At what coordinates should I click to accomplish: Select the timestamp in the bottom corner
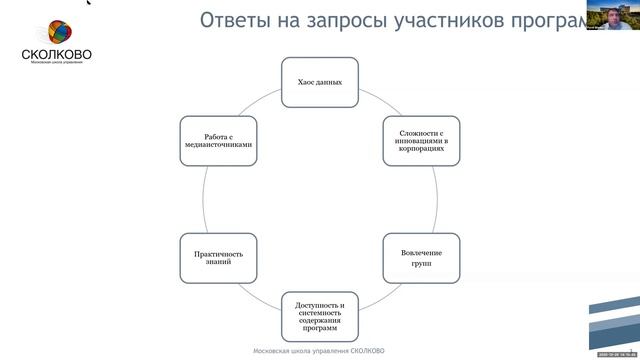(615, 355)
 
